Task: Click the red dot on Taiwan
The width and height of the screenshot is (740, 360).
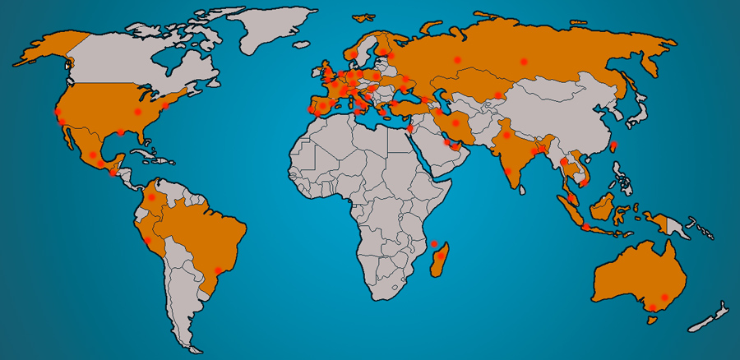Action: (613, 145)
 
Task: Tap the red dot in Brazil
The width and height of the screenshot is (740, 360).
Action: (218, 270)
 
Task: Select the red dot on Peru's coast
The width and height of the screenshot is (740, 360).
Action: (146, 241)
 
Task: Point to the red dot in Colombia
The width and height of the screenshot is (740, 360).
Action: (151, 198)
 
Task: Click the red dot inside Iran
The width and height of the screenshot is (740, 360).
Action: (455, 123)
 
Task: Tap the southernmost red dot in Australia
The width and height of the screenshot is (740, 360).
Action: (652, 308)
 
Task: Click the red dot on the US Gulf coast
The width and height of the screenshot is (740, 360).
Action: (121, 132)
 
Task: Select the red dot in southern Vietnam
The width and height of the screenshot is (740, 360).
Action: (581, 184)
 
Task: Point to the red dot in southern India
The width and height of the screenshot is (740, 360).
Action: (508, 172)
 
